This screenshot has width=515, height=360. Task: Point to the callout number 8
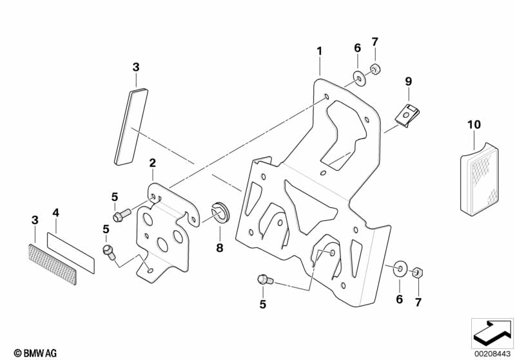[x=219, y=246]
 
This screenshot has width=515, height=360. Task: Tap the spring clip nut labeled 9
[x=406, y=116]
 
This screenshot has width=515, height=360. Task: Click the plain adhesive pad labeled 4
[x=72, y=249]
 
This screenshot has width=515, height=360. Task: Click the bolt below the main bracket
[x=263, y=279]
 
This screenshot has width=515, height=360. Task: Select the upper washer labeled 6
[x=358, y=79]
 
